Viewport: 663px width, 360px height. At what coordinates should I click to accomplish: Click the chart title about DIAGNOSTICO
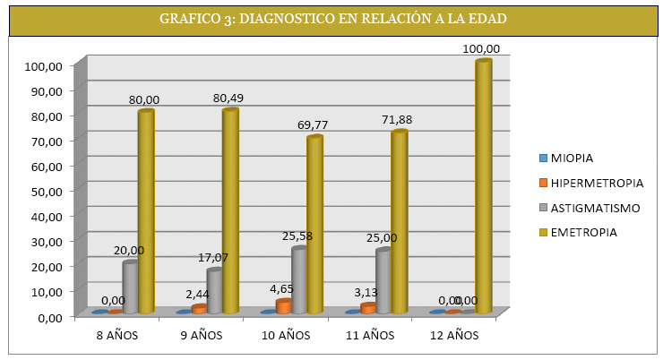331,19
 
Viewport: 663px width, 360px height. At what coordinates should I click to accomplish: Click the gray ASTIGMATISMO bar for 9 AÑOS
214,290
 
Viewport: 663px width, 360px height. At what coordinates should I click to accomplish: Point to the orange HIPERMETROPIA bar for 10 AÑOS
284,306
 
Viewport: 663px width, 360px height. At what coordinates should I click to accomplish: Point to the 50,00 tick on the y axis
43,191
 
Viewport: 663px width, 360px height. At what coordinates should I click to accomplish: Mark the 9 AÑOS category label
202,336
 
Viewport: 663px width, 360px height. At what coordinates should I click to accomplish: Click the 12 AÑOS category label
455,336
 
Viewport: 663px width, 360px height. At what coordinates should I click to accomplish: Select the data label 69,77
314,125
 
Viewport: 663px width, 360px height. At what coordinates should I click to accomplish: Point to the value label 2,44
197,294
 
